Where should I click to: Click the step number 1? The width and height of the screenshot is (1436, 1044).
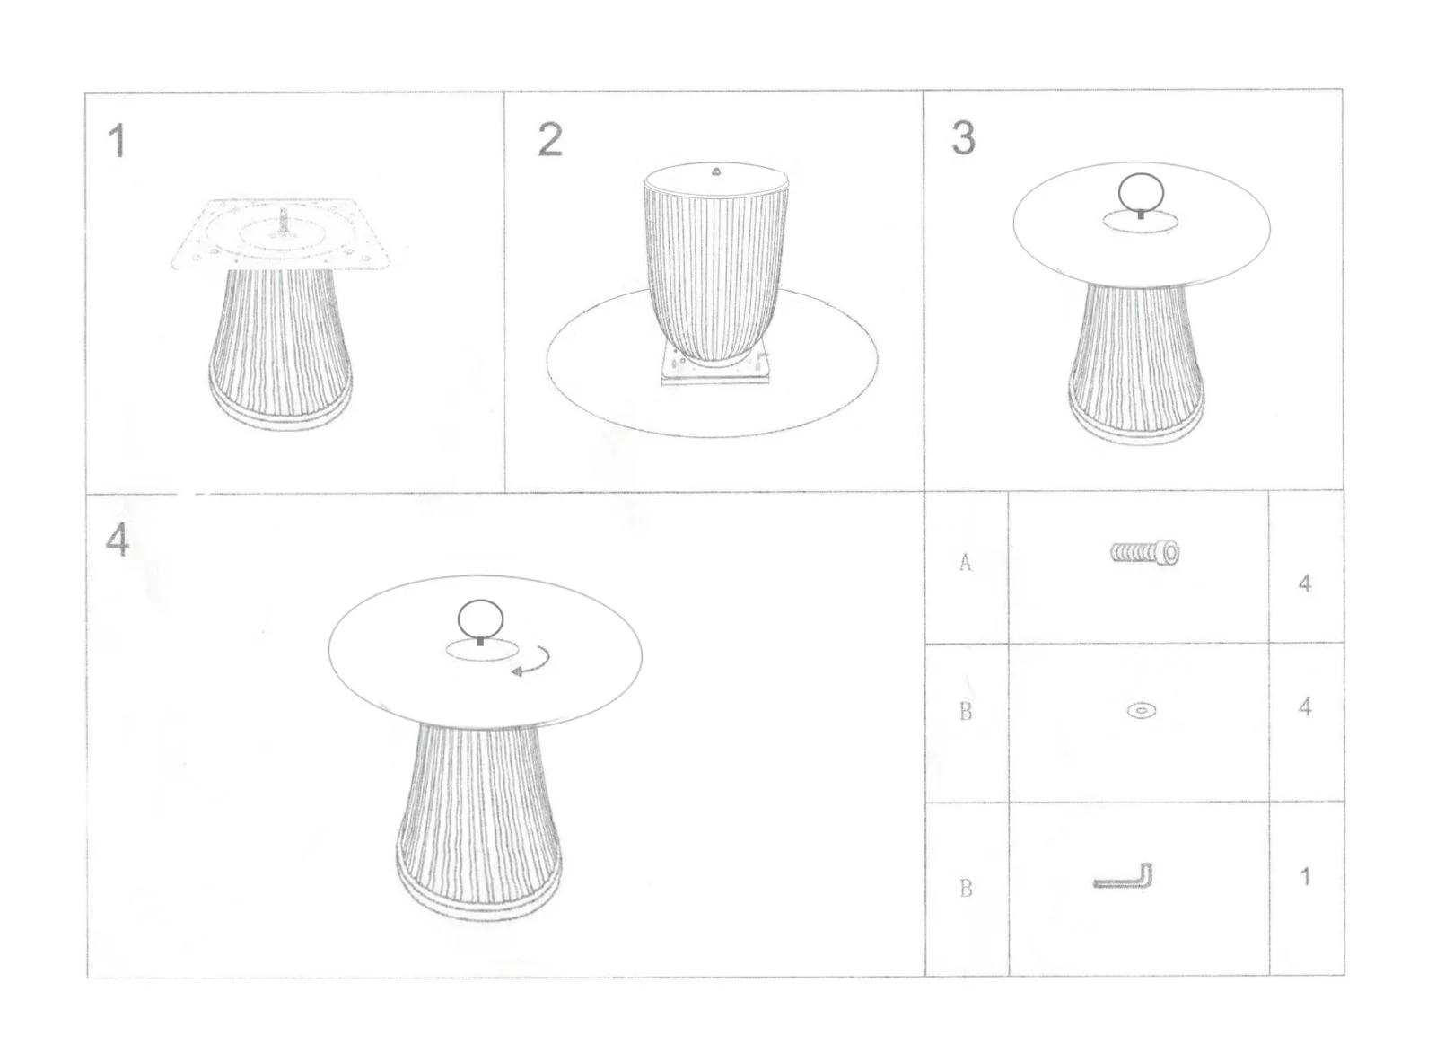(118, 140)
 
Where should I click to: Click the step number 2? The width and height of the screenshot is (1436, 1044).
(550, 139)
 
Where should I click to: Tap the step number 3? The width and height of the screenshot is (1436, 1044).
(964, 138)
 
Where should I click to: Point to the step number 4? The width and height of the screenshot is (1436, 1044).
(118, 540)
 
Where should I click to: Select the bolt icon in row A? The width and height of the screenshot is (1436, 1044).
(1145, 552)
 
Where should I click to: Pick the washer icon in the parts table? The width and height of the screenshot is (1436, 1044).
(1141, 710)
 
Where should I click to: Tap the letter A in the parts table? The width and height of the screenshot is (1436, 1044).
(966, 563)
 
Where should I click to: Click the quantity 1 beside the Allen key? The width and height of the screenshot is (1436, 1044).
(1305, 877)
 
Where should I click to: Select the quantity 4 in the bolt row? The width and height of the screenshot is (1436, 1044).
(1305, 583)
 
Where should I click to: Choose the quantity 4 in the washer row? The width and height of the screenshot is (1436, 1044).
(1305, 707)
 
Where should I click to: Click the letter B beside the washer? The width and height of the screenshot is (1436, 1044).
(966, 711)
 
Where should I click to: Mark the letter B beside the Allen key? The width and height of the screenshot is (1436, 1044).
(966, 888)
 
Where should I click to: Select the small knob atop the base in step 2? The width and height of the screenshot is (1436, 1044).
(715, 171)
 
